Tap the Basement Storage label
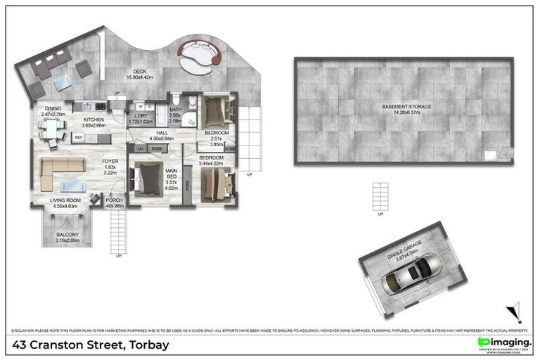click(x=406, y=110)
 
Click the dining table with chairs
click(x=51, y=129)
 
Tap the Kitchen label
click(x=94, y=122)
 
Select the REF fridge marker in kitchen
click(x=79, y=138)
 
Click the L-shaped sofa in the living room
click(x=59, y=172)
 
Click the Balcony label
click(x=68, y=238)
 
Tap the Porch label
click(x=114, y=203)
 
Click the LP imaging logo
click(x=504, y=343)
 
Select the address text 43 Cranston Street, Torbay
click(x=90, y=345)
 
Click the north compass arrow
click(x=516, y=311)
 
